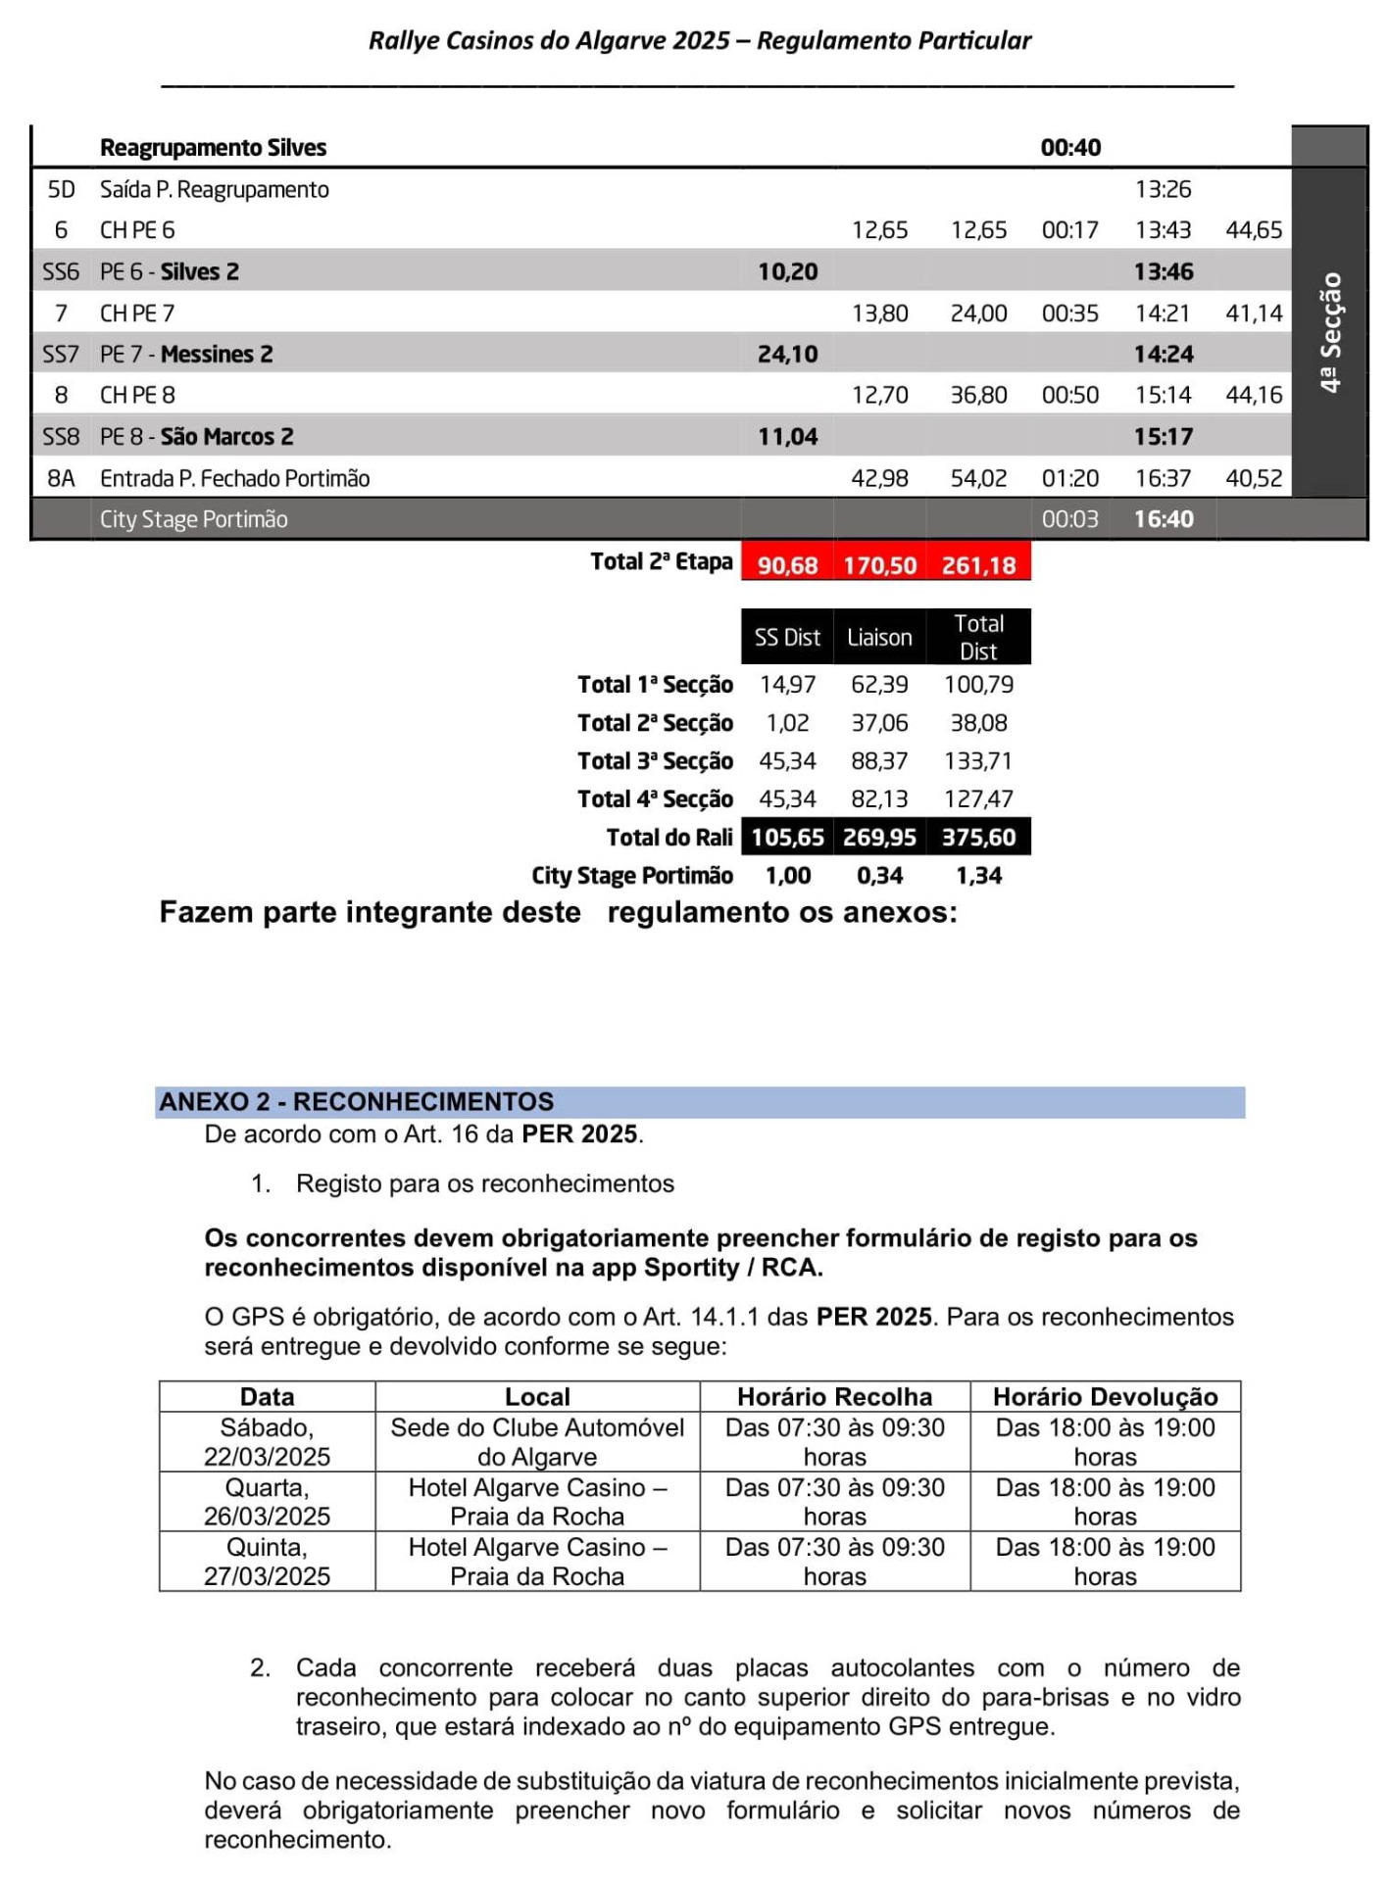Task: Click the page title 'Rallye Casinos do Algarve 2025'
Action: pos(549,40)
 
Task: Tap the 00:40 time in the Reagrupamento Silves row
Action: pos(1070,148)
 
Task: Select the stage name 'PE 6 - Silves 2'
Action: pos(170,272)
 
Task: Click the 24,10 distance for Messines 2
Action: pos(787,355)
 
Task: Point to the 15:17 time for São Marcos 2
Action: pos(1164,437)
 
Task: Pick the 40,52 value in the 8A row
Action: pos(1254,479)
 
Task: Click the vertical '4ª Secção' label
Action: pos(1330,333)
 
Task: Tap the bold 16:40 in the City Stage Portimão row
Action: pos(1164,520)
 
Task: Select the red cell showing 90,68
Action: pos(787,565)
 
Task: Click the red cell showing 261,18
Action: pos(978,565)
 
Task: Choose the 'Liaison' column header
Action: pos(879,638)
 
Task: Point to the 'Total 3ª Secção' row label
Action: pos(655,761)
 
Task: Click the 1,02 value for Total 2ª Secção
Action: pos(787,723)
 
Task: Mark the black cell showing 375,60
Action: pos(978,838)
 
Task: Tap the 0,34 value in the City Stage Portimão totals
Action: pos(879,876)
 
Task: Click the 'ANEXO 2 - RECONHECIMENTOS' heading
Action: pos(357,1102)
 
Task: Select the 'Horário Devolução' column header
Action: pos(1105,1397)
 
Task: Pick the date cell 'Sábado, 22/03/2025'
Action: pos(267,1442)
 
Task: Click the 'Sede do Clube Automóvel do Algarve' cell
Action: pos(537,1442)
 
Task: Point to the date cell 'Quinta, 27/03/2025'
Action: pos(267,1562)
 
